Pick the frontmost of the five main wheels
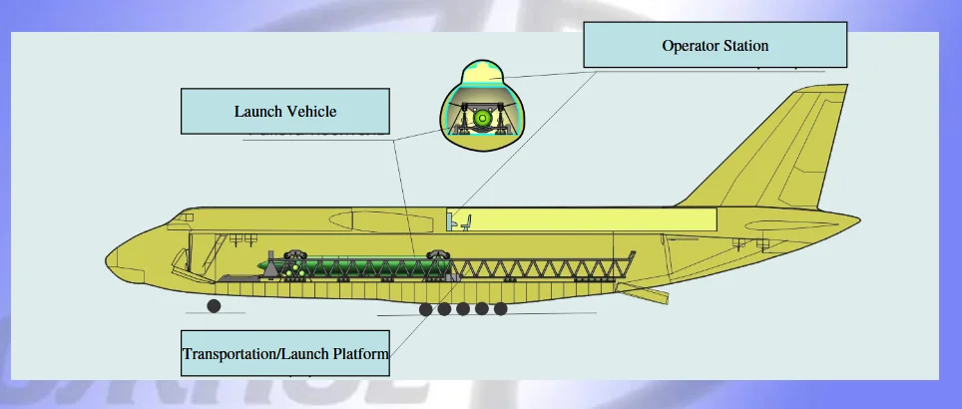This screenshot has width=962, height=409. click(426, 309)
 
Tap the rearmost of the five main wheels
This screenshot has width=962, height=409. click(501, 309)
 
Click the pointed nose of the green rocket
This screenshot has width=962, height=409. click(257, 266)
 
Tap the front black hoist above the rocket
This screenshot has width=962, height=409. click(295, 255)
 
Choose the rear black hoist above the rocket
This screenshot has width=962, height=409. click(437, 254)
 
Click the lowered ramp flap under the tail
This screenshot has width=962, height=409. click(644, 294)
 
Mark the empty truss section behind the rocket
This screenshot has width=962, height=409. click(544, 268)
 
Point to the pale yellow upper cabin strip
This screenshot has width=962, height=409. click(599, 220)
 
